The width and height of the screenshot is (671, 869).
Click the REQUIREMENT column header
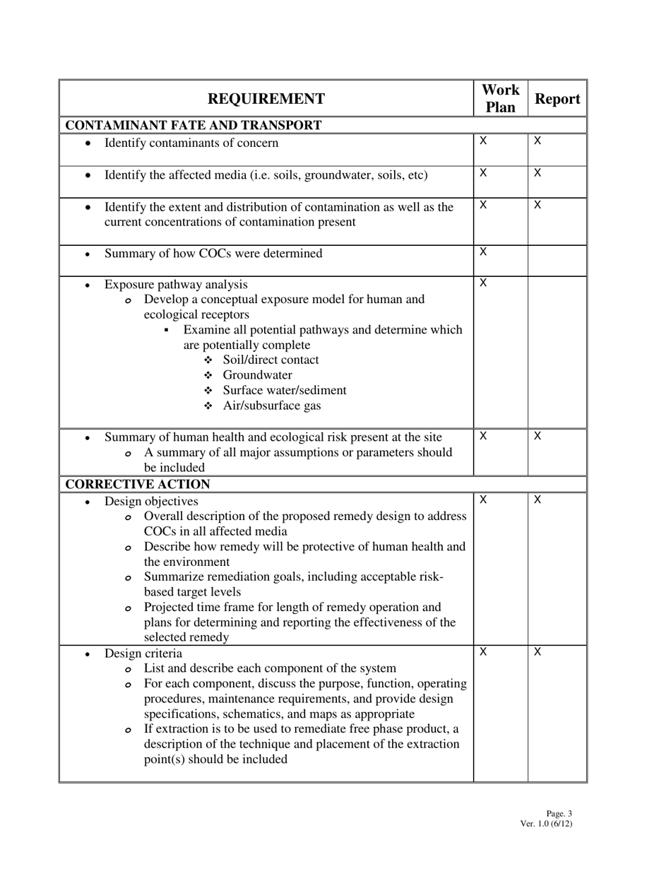tap(266, 99)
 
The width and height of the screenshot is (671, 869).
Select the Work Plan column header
tap(500, 99)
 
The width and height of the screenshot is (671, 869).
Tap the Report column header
tap(557, 100)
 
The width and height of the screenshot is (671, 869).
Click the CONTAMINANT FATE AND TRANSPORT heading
tap(194, 126)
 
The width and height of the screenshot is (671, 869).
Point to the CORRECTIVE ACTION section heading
tap(138, 485)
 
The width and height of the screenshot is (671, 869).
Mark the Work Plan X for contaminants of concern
tap(483, 141)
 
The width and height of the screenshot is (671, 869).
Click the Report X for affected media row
tap(538, 173)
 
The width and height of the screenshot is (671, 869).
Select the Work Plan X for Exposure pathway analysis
tap(483, 283)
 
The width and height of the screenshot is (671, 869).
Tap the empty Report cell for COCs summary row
tap(557, 260)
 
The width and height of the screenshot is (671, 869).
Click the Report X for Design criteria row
tap(538, 651)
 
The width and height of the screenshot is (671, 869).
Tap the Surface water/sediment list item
tap(285, 391)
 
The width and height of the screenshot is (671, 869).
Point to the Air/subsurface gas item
tap(272, 406)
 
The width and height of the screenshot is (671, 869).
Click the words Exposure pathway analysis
tap(176, 285)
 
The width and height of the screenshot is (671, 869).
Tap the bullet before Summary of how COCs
tap(88, 254)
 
